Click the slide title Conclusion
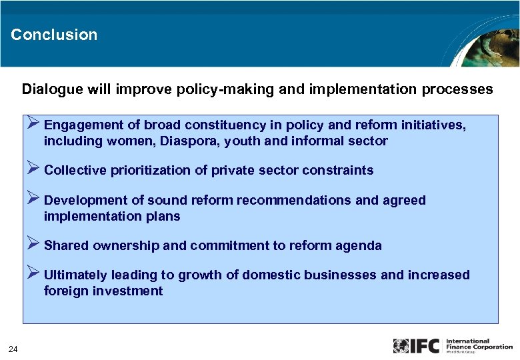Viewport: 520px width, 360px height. [54, 35]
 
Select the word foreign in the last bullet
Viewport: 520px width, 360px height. [65, 291]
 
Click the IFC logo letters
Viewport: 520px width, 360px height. [426, 346]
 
